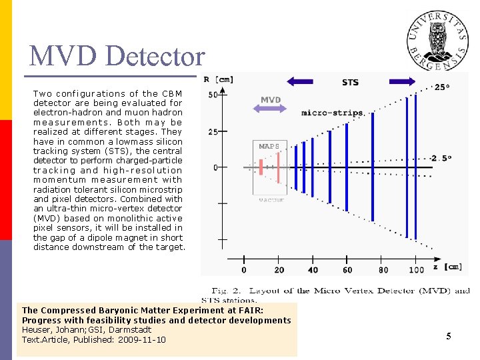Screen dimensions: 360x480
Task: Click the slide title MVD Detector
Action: [x=117, y=56]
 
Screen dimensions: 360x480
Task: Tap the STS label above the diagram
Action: [x=350, y=82]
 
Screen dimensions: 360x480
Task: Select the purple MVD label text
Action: [x=271, y=100]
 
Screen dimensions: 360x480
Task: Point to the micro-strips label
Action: [x=332, y=113]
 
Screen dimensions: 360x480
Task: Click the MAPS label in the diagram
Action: [x=269, y=146]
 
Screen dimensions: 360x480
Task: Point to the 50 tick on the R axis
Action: [x=213, y=95]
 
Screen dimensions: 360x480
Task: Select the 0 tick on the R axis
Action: [x=215, y=167]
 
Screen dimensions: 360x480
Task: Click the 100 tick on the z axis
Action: [x=417, y=269]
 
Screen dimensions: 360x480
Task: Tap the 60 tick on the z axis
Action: [x=347, y=269]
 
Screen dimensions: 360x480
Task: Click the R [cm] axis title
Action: [x=218, y=79]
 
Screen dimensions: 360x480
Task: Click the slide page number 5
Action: [x=449, y=337]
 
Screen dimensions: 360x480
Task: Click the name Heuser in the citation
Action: [x=37, y=330]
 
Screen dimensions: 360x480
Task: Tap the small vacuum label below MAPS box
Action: [x=271, y=199]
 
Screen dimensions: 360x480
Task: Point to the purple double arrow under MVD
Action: [x=271, y=109]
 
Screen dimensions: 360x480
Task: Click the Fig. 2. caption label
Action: [x=227, y=291]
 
